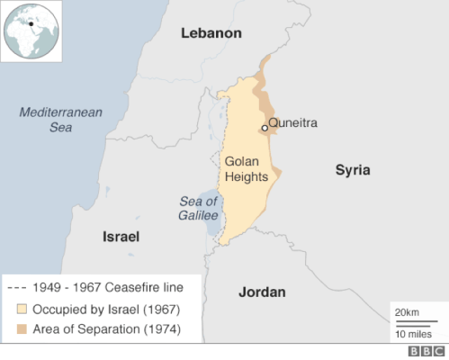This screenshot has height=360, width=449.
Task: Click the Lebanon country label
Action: click(211, 33)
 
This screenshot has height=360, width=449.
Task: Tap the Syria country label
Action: click(353, 170)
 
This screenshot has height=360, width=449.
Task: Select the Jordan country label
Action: click(262, 292)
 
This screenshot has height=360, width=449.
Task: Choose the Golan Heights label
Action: click(246, 168)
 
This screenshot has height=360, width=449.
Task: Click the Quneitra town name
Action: click(293, 123)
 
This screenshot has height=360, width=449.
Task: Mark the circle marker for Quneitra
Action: click(265, 128)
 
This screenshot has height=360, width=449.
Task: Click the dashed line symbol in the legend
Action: click(16, 288)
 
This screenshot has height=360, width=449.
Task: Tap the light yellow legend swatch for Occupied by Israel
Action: click(19, 309)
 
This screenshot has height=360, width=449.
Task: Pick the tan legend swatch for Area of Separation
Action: click(19, 329)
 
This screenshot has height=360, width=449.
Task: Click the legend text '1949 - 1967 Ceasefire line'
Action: click(107, 288)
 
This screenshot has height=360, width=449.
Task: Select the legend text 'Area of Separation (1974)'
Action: click(107, 329)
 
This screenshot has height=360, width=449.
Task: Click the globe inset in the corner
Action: click(31, 31)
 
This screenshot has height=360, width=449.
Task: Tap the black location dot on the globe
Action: click(31, 23)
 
